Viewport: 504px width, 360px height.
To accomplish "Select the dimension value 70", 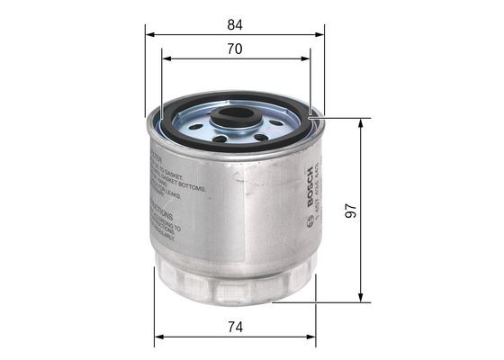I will click(x=234, y=49).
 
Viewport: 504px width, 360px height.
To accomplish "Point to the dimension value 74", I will click(x=234, y=328).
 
